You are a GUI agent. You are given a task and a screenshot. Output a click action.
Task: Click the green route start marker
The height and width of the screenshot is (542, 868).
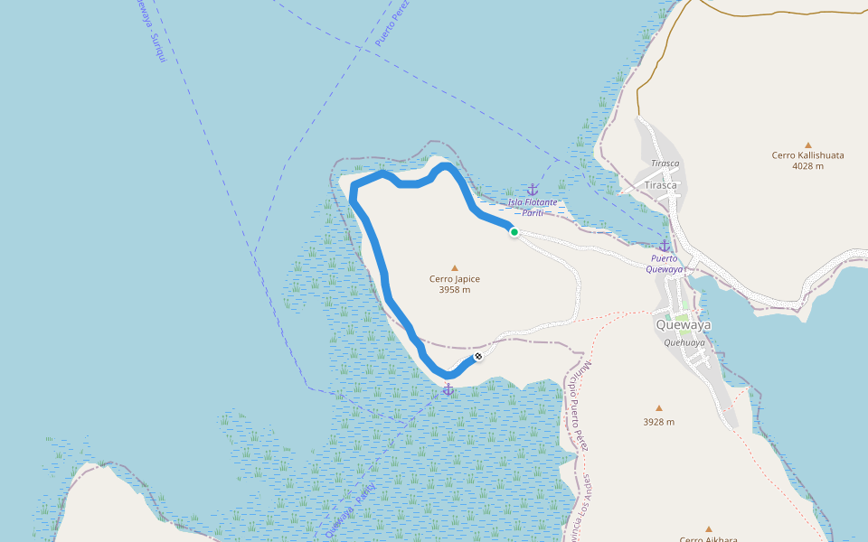point(514,232)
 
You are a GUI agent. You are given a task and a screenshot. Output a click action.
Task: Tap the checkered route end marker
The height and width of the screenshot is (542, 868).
point(477,357)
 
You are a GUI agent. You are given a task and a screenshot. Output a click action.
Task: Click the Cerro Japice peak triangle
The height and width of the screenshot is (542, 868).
point(455,267)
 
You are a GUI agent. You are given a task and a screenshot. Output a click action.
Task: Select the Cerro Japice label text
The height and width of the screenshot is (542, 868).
point(455,279)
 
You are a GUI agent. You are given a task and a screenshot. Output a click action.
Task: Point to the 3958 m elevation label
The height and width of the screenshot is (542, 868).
point(455,290)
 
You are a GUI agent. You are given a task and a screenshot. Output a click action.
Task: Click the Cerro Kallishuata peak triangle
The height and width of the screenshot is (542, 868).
point(807,145)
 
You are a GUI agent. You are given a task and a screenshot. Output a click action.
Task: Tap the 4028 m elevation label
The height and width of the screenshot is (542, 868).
point(807,166)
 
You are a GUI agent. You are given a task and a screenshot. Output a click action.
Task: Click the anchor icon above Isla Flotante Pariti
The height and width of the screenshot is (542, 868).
point(533,190)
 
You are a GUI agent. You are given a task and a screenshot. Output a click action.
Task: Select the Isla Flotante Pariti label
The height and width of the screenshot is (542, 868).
point(533,207)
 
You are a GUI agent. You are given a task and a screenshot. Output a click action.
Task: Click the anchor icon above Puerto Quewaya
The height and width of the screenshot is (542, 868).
point(665,246)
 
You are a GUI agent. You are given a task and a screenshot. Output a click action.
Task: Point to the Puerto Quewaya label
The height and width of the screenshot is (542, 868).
point(667,263)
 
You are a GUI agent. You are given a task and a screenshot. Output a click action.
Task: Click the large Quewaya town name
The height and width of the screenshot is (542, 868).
point(684,325)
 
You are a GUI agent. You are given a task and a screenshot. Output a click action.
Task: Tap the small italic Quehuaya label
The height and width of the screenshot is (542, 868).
point(684,342)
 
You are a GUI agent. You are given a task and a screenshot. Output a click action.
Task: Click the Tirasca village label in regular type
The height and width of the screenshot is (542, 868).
point(660,184)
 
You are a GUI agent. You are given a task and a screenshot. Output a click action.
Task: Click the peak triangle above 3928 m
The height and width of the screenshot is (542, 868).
point(658,408)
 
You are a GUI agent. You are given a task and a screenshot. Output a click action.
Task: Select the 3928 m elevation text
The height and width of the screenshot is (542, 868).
point(658,422)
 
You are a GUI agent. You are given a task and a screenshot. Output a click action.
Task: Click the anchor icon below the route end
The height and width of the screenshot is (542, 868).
point(448,388)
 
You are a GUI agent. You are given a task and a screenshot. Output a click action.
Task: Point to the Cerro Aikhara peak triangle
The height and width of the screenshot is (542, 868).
point(709,529)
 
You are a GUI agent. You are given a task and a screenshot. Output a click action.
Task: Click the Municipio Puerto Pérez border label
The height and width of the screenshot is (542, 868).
point(579,406)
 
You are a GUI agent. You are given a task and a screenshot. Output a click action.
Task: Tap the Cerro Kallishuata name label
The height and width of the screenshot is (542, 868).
point(807,155)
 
